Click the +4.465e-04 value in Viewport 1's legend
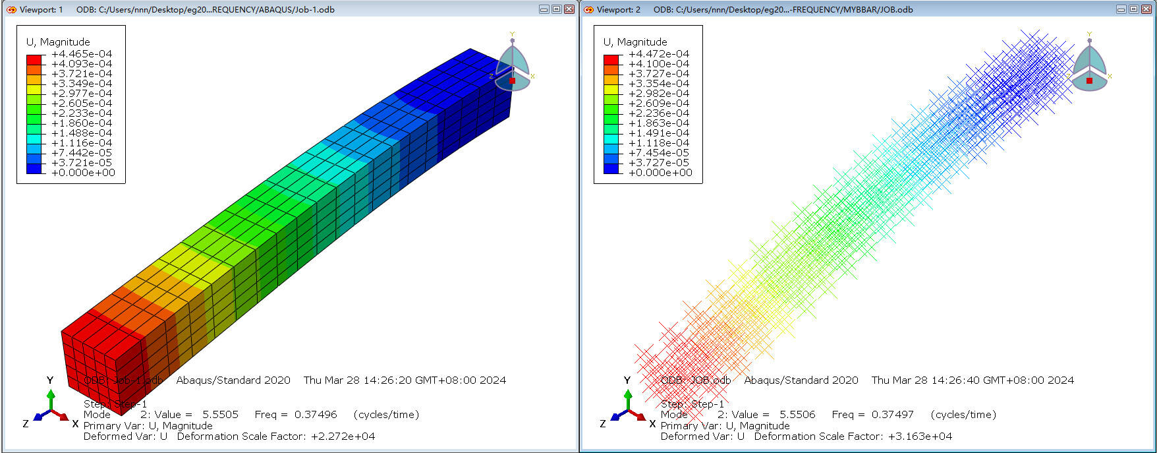[82, 54]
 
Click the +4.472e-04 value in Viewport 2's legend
[659, 54]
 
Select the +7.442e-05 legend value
[82, 153]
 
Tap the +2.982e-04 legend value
[659, 94]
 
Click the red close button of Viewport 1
[569, 9]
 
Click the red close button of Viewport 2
[1146, 9]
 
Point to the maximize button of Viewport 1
[556, 9]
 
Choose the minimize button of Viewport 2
[1121, 9]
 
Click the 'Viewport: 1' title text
[41, 9]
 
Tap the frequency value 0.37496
[316, 415]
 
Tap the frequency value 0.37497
[893, 415]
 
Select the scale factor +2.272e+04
[343, 437]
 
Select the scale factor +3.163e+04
[920, 437]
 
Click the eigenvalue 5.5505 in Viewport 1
[220, 415]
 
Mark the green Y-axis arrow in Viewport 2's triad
[628, 398]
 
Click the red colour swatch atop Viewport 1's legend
[34, 59]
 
